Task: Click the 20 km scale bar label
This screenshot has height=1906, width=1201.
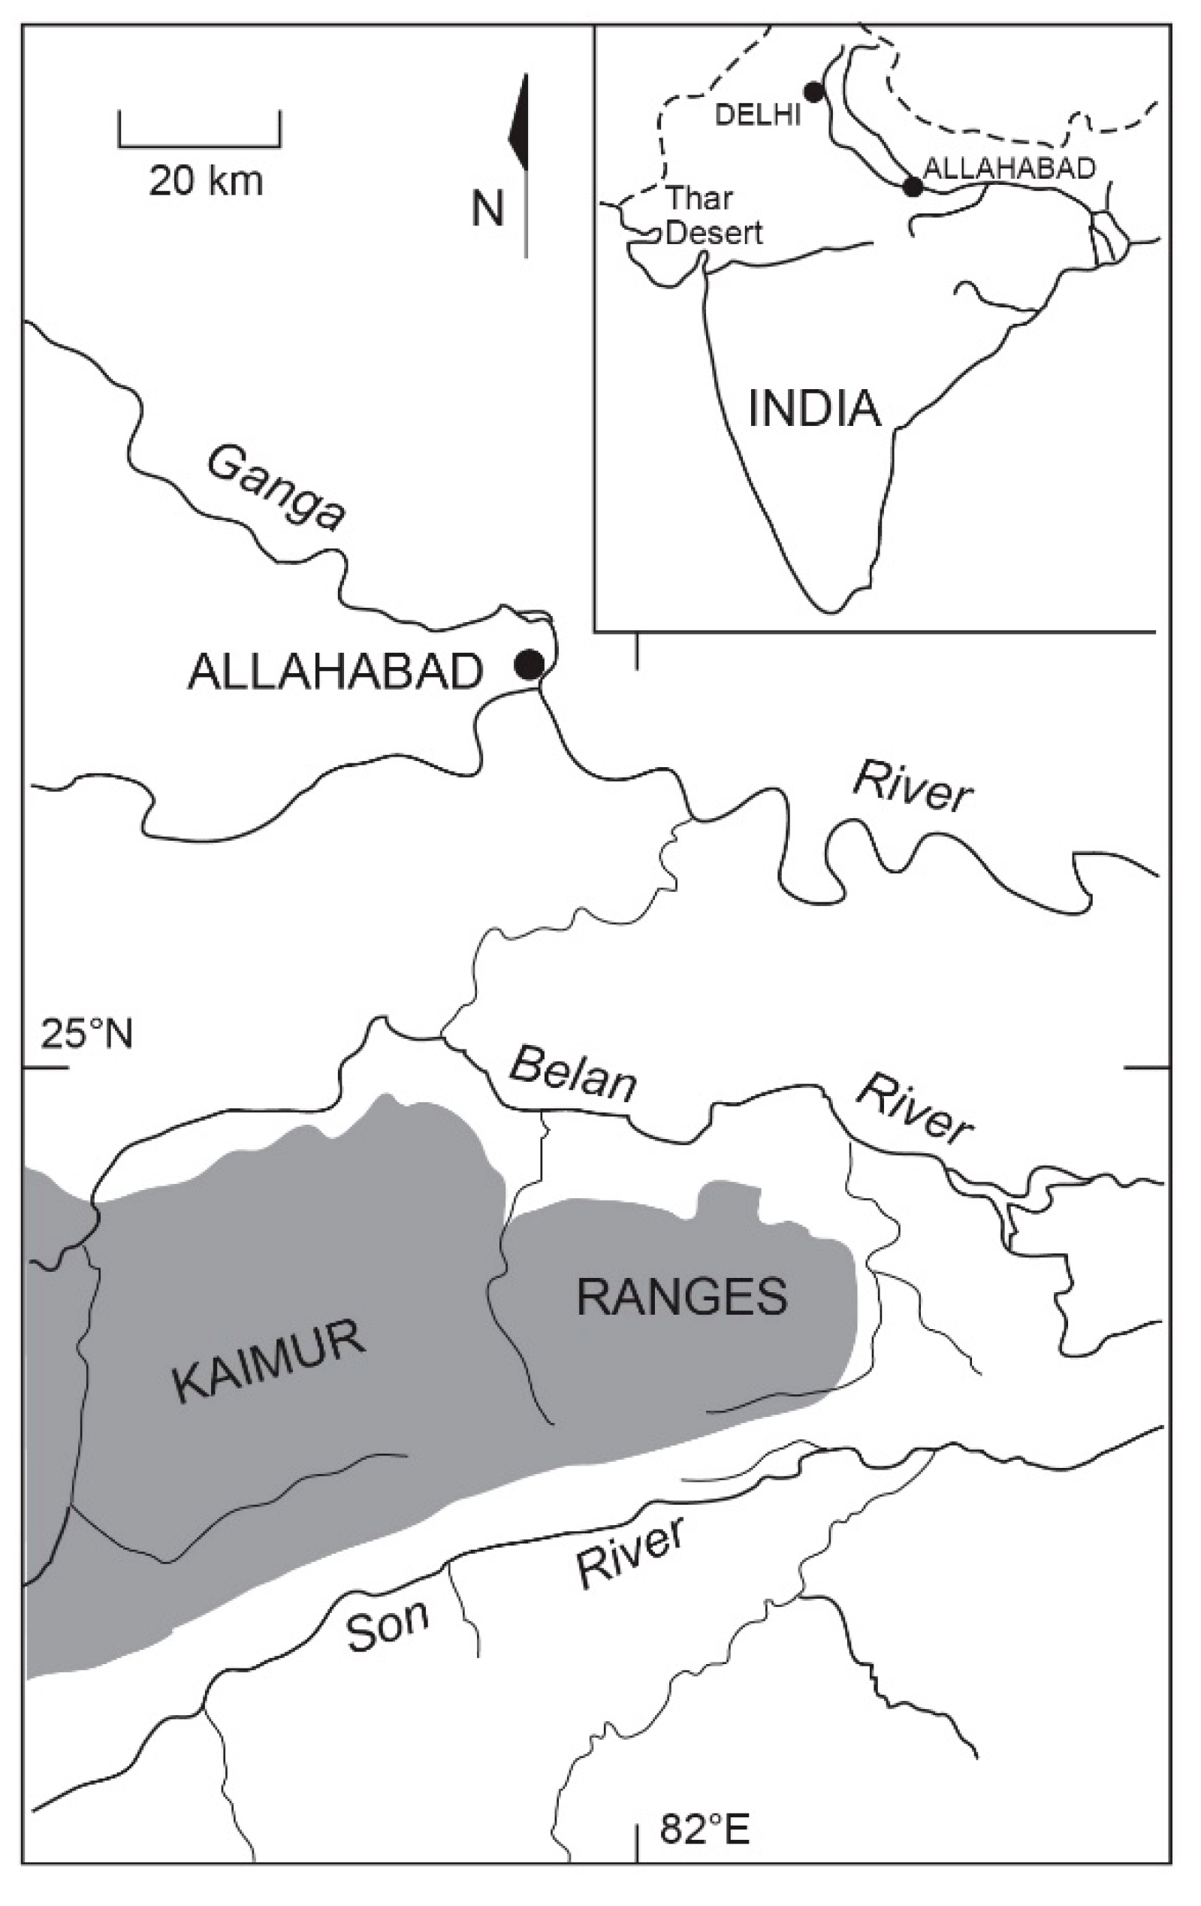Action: pos(206,181)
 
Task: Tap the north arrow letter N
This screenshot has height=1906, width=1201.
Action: pos(488,209)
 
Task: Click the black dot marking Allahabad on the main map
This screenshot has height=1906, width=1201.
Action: pos(529,663)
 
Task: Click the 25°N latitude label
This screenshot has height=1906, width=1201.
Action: pos(87,1034)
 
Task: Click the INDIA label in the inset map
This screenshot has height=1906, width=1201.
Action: pos(814,409)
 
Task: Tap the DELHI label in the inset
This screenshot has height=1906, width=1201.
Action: pos(758,116)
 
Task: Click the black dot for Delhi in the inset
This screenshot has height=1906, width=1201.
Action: pos(813,92)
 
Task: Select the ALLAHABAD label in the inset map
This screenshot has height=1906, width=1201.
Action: pos(1009,168)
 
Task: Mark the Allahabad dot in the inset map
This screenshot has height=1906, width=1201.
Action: pos(913,187)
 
